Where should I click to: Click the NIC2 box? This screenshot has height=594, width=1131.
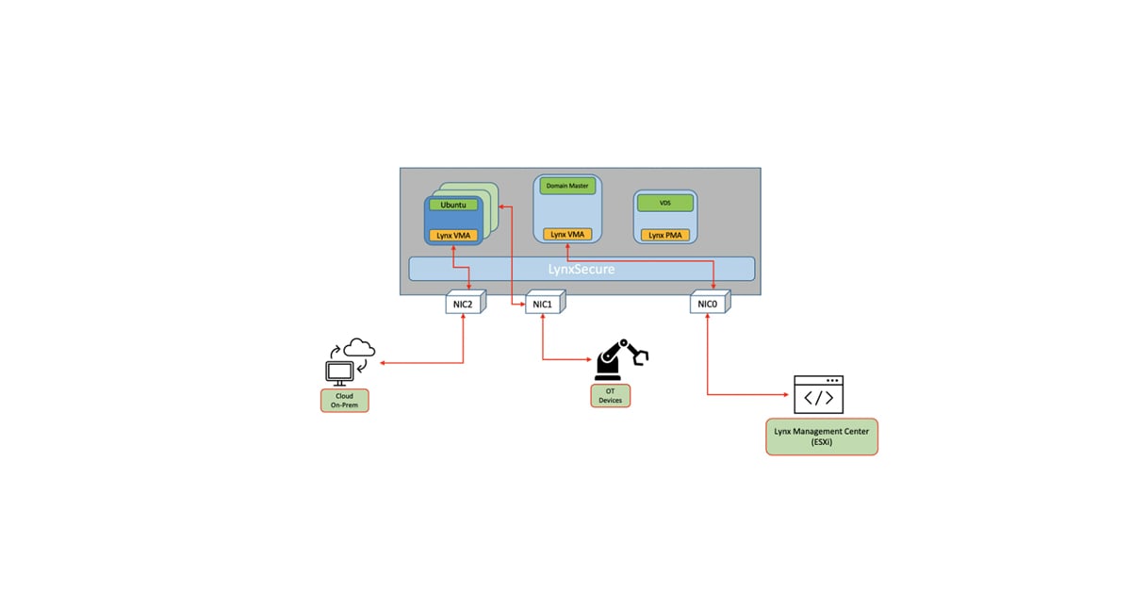click(x=464, y=303)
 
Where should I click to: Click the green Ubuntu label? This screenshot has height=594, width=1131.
click(x=453, y=205)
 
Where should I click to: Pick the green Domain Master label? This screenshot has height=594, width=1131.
click(x=567, y=186)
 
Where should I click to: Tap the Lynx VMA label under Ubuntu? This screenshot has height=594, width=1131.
click(x=453, y=235)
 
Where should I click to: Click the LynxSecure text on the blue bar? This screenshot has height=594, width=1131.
click(x=582, y=269)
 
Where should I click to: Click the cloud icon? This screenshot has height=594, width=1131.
click(x=359, y=347)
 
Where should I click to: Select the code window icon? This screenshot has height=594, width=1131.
click(x=818, y=395)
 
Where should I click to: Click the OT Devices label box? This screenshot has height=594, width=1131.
click(x=611, y=395)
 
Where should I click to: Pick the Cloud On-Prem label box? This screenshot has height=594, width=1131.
click(x=344, y=400)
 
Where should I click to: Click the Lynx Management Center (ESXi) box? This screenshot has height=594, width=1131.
click(x=821, y=437)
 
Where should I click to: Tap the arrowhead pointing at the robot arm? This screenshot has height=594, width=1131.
click(x=591, y=359)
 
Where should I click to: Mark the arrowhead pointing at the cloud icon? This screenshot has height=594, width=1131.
click(x=382, y=362)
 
